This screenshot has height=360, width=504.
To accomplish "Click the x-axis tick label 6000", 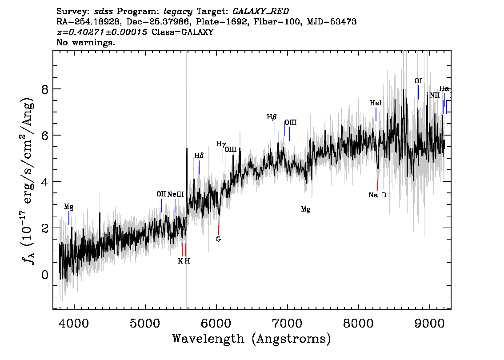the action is pyautogui.click(x=216, y=324).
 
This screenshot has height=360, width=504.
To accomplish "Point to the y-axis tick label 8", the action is pyautogui.click(x=45, y=89).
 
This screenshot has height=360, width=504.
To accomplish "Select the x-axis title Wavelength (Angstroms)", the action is pyautogui.click(x=252, y=339).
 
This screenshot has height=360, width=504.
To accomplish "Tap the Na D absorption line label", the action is pyautogui.click(x=377, y=195).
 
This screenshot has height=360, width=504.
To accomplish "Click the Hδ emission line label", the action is pyautogui.click(x=199, y=156).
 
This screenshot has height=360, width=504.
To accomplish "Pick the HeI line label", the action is pyautogui.click(x=376, y=103).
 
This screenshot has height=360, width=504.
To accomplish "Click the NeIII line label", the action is pyautogui.click(x=176, y=195).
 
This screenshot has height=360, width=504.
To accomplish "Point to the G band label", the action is pyautogui.click(x=219, y=239).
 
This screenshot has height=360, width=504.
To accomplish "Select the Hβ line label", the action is pyautogui.click(x=272, y=117).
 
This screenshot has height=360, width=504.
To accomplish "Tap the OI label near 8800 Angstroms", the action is pyautogui.click(x=418, y=81).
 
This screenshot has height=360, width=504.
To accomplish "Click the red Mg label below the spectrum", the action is pyautogui.click(x=306, y=210).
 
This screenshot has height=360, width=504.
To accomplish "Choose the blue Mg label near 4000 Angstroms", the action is pyautogui.click(x=68, y=206).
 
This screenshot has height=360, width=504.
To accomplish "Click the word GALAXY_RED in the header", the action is pyautogui.click(x=261, y=12).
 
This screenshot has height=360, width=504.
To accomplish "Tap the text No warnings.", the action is pyautogui.click(x=85, y=42).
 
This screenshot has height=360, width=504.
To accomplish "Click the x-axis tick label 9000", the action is pyautogui.click(x=429, y=324).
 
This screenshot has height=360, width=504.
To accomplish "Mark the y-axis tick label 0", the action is pyautogui.click(x=45, y=275).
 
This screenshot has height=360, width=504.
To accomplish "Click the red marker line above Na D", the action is pyautogui.click(x=378, y=184).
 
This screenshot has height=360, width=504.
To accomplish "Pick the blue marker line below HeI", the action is pyautogui.click(x=376, y=114).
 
